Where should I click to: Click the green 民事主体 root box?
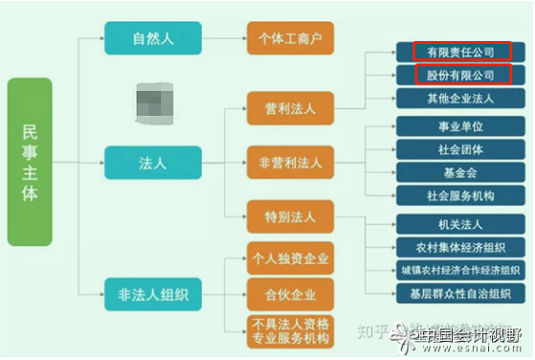coord(29,162)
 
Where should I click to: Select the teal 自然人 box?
coord(153,40)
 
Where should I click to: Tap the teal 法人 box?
coord(153,162)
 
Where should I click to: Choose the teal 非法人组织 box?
coord(153,291)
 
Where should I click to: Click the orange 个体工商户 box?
coord(290,40)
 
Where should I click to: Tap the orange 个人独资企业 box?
coord(290,259)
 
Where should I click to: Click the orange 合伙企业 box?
coord(290,292)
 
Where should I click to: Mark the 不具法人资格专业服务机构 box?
coord(290,331)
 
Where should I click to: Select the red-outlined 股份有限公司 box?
coord(460,75)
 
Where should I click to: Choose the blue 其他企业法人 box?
coord(460,98)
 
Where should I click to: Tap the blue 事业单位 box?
coord(460,126)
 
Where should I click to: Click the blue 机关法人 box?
coord(460,225)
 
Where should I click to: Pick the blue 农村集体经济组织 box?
coord(460,248)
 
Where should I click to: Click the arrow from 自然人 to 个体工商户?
coord(220,40)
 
